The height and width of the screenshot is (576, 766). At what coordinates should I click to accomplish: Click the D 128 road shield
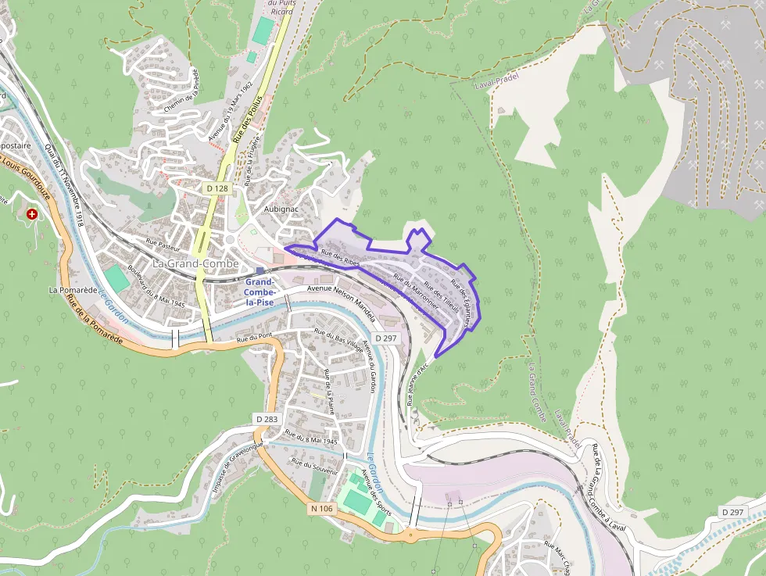218,188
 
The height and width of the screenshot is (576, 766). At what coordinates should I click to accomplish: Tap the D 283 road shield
267,420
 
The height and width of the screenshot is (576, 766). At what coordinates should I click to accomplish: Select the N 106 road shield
322,509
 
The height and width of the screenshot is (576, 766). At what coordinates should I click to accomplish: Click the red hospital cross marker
32,213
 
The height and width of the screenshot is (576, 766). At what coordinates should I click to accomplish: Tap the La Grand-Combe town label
195,264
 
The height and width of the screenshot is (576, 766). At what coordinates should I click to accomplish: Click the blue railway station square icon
260,270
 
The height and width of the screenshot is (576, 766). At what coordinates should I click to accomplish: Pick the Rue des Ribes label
340,257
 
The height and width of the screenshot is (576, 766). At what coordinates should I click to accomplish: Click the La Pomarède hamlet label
73,289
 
